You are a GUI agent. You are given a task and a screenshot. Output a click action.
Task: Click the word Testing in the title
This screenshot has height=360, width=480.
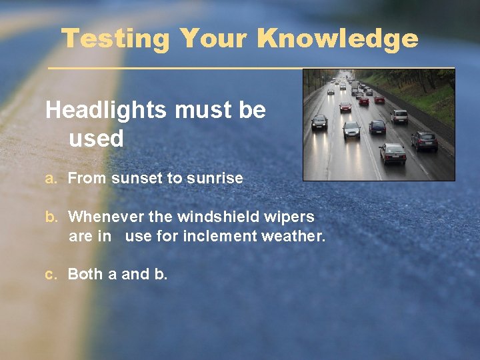point(115,39)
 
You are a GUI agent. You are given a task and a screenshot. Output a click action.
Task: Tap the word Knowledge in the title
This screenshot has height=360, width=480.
point(337,39)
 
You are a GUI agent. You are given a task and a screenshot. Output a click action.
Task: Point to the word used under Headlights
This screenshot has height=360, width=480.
point(96,139)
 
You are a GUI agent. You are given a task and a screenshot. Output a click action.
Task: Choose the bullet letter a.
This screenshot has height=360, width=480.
point(49,179)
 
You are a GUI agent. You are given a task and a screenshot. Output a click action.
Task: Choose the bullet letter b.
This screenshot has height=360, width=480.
point(50,217)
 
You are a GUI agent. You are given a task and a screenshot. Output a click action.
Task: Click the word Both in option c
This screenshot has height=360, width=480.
point(84,274)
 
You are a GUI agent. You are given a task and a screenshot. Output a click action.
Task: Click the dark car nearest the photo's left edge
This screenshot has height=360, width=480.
point(319,122)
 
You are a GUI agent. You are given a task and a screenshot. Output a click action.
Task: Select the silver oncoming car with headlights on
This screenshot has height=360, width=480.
point(351,129)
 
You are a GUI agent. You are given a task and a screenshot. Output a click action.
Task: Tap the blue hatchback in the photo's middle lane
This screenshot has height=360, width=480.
point(377,127)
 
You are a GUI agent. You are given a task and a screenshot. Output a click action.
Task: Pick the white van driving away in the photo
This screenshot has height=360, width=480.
point(399,116)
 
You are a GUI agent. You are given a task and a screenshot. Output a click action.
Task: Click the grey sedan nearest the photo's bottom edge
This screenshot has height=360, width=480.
point(393,153)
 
